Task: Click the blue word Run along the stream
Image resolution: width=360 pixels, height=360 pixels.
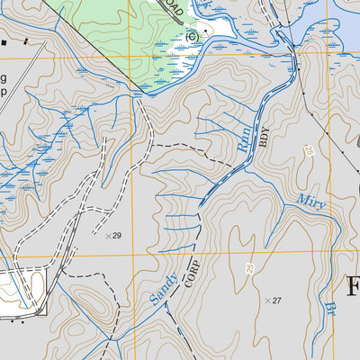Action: click(244, 138)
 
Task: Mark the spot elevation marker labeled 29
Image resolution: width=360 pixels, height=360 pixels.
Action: click(109, 236)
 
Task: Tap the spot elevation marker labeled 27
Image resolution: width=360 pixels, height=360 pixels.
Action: click(266, 300)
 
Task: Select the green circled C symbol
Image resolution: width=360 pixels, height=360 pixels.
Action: click(191, 36)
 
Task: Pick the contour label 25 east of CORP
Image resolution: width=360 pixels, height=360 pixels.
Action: click(249, 268)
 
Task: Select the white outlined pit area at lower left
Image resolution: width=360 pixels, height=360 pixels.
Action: click(22, 290)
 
